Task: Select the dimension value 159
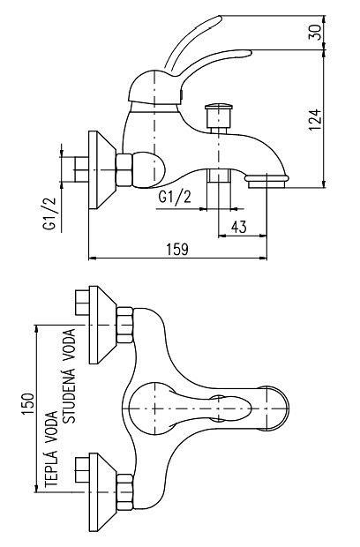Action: [177, 250]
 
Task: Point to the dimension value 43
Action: [238, 227]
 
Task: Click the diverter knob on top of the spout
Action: [215, 115]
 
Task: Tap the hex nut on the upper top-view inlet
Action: [124, 324]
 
